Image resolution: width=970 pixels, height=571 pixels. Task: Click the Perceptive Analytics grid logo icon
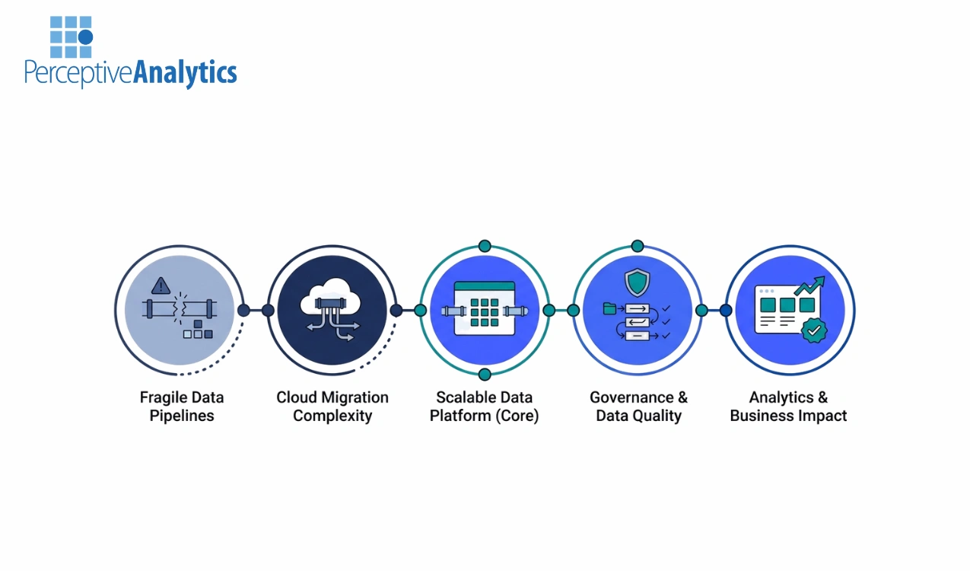point(71,37)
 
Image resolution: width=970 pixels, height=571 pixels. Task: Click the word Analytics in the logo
point(185,73)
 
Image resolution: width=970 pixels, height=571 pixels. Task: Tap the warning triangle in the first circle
point(161,285)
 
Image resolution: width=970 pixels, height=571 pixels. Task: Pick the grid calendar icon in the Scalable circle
point(485,309)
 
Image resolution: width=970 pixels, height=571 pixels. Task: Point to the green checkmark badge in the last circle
point(815,331)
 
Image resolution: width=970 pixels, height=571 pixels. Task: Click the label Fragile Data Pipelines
point(182,407)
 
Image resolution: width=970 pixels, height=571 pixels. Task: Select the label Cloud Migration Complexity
point(332,407)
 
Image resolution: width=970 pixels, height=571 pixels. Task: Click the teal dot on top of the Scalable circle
point(485,246)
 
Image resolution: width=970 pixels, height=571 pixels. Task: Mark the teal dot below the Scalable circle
point(485,374)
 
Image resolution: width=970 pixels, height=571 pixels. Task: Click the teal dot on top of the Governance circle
point(638,246)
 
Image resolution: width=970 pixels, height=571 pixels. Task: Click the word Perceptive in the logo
point(78,74)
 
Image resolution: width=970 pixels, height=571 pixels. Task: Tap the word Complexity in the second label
point(332,416)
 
